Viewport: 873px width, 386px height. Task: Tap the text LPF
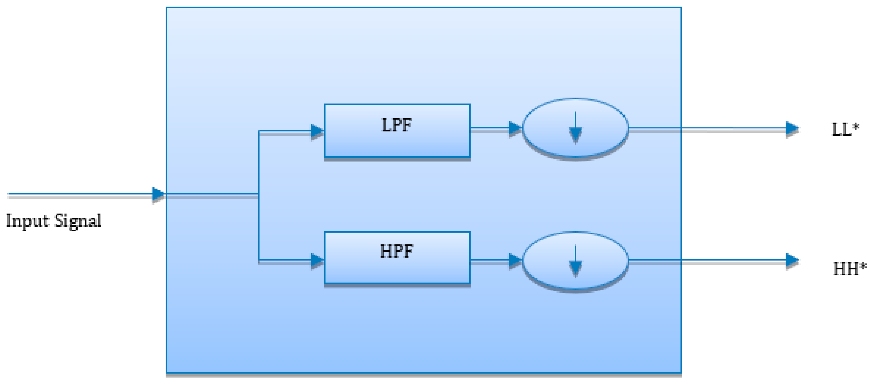click(397, 125)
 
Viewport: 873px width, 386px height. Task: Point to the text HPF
click(397, 251)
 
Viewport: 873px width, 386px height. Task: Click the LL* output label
click(846, 129)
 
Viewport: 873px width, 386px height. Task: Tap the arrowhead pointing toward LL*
click(792, 128)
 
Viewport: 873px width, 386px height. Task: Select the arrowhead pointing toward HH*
click(792, 260)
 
